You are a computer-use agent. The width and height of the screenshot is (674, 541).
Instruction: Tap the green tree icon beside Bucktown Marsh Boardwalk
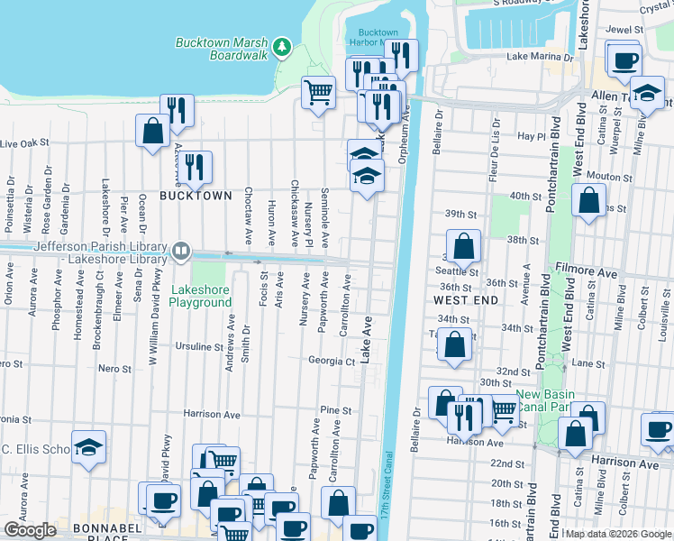(x=282, y=46)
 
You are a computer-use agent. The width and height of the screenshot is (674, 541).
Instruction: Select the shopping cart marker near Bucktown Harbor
(x=318, y=92)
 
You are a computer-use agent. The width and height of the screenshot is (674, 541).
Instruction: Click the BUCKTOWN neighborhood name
(x=189, y=195)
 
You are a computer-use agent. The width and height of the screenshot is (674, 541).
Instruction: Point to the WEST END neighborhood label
(x=467, y=298)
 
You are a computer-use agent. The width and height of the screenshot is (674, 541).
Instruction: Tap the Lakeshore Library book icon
(x=181, y=250)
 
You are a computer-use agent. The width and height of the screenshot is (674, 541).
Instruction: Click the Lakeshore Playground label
(x=202, y=296)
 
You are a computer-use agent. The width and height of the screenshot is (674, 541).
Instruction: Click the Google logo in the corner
(x=30, y=530)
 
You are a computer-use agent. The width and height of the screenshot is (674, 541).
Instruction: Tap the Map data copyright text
(x=617, y=534)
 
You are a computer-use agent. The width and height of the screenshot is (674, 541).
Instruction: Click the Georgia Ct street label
(x=331, y=361)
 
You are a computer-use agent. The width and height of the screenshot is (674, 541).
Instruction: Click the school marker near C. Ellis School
(x=88, y=447)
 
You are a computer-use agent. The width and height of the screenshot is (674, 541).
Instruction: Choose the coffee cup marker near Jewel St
(x=624, y=60)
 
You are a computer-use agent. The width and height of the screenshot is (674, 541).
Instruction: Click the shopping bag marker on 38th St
(x=463, y=244)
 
